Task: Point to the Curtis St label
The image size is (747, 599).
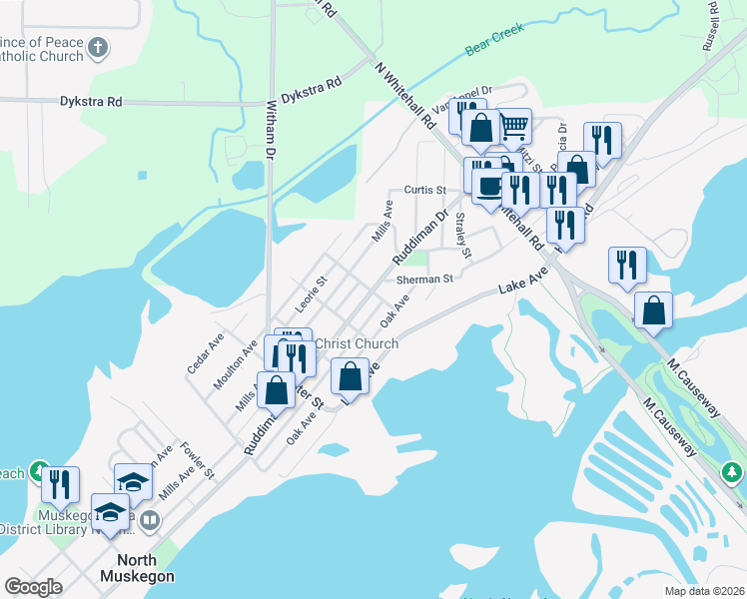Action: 424,189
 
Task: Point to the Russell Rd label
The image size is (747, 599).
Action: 710,24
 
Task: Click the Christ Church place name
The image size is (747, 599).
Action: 357,343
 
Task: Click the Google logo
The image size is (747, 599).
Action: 33,587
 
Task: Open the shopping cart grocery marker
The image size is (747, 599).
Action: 513,126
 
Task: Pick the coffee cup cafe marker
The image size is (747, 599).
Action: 488,185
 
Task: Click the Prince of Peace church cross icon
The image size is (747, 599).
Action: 97,47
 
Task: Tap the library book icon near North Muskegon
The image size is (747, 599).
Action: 150,520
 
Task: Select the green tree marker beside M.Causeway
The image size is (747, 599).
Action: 733,470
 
